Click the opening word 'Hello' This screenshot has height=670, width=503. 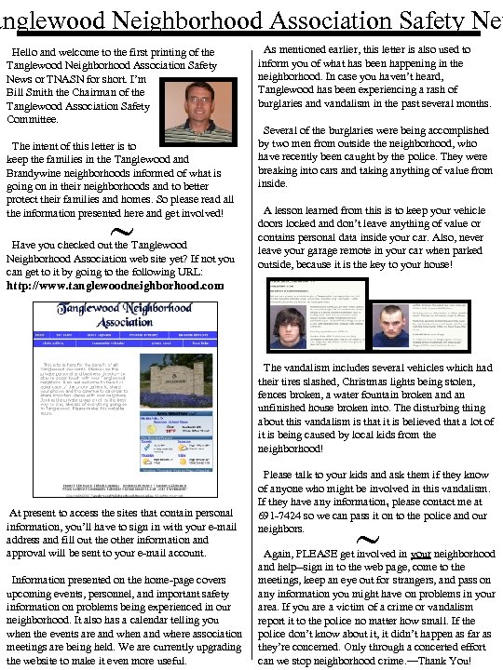click(28, 52)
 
